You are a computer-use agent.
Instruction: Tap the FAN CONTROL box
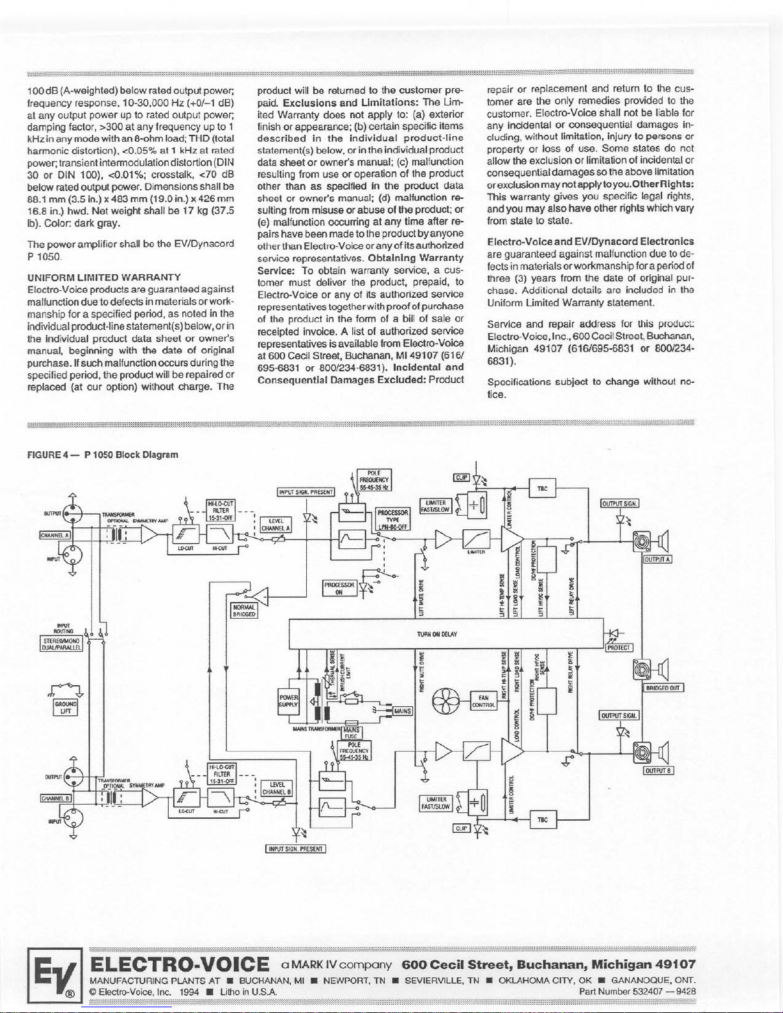click(484, 702)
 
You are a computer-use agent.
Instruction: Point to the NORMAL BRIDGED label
click(244, 610)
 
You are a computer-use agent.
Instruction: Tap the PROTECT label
click(619, 647)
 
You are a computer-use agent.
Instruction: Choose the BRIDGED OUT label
click(664, 688)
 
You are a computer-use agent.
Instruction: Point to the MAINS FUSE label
click(351, 732)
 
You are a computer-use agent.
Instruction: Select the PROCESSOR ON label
click(339, 588)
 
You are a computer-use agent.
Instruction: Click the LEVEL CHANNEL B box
click(277, 788)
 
